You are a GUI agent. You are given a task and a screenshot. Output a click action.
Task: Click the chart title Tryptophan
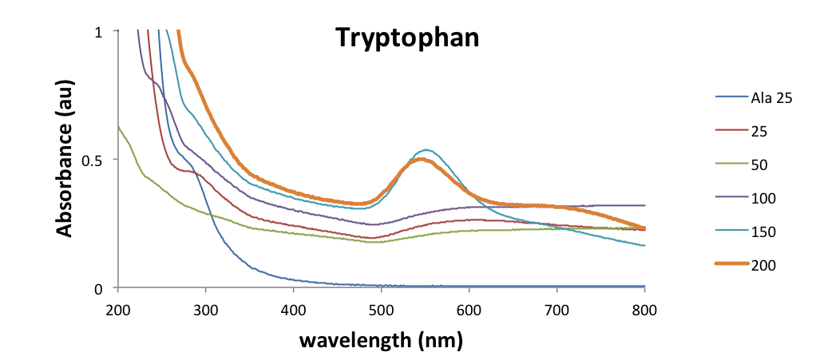click(x=406, y=37)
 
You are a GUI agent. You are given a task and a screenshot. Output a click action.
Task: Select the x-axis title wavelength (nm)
click(x=381, y=340)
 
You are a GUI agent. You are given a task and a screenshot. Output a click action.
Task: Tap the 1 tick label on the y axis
click(x=99, y=32)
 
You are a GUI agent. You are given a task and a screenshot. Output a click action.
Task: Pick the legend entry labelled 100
click(x=762, y=198)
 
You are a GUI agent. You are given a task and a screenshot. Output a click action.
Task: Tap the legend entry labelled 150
click(x=762, y=231)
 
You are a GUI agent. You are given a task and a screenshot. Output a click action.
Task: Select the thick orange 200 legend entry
click(x=762, y=264)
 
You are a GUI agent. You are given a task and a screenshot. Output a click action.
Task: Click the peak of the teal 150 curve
click(x=428, y=149)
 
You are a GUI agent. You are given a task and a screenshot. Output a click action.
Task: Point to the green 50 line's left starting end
click(x=118, y=126)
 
